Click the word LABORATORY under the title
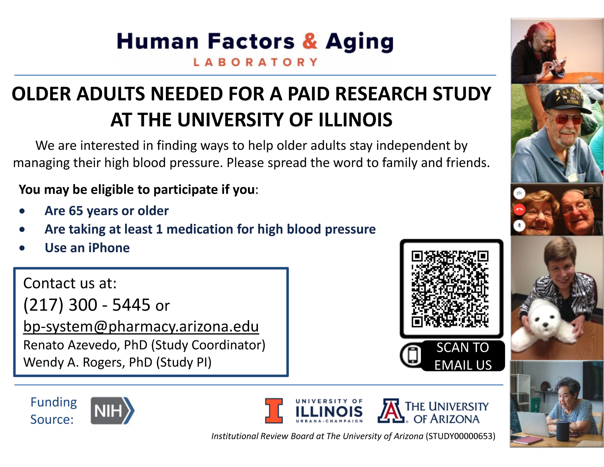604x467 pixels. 255,62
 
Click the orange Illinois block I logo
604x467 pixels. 274,411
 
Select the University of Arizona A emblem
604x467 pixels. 391,411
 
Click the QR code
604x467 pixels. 450,289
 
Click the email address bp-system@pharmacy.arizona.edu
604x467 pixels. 141,326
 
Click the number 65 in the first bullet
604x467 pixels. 76,211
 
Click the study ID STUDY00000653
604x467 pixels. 460,436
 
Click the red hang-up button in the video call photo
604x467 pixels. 519,210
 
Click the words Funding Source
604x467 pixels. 54,411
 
